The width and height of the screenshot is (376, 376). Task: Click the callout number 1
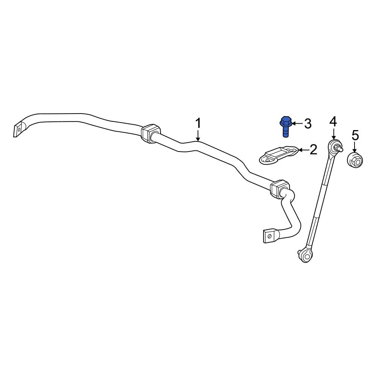[x=198, y=123]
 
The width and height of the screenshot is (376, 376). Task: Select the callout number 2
[x=314, y=150]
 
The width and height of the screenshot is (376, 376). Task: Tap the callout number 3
[x=308, y=123]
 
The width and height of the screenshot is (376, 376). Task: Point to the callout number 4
[x=333, y=121]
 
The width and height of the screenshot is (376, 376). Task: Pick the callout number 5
[x=355, y=135]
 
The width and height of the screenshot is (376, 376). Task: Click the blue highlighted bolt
[x=286, y=127]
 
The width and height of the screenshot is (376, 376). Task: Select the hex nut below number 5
[x=355, y=160]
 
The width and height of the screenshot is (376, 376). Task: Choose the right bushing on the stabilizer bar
[x=280, y=189]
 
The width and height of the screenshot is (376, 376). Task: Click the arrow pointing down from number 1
[x=198, y=135]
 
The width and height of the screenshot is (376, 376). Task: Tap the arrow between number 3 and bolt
[x=297, y=123]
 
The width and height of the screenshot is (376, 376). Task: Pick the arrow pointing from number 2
[x=303, y=150]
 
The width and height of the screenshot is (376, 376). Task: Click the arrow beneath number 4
[x=333, y=133]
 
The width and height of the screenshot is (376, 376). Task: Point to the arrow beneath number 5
[x=355, y=147]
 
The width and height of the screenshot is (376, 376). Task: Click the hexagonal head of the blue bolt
[x=286, y=121]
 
